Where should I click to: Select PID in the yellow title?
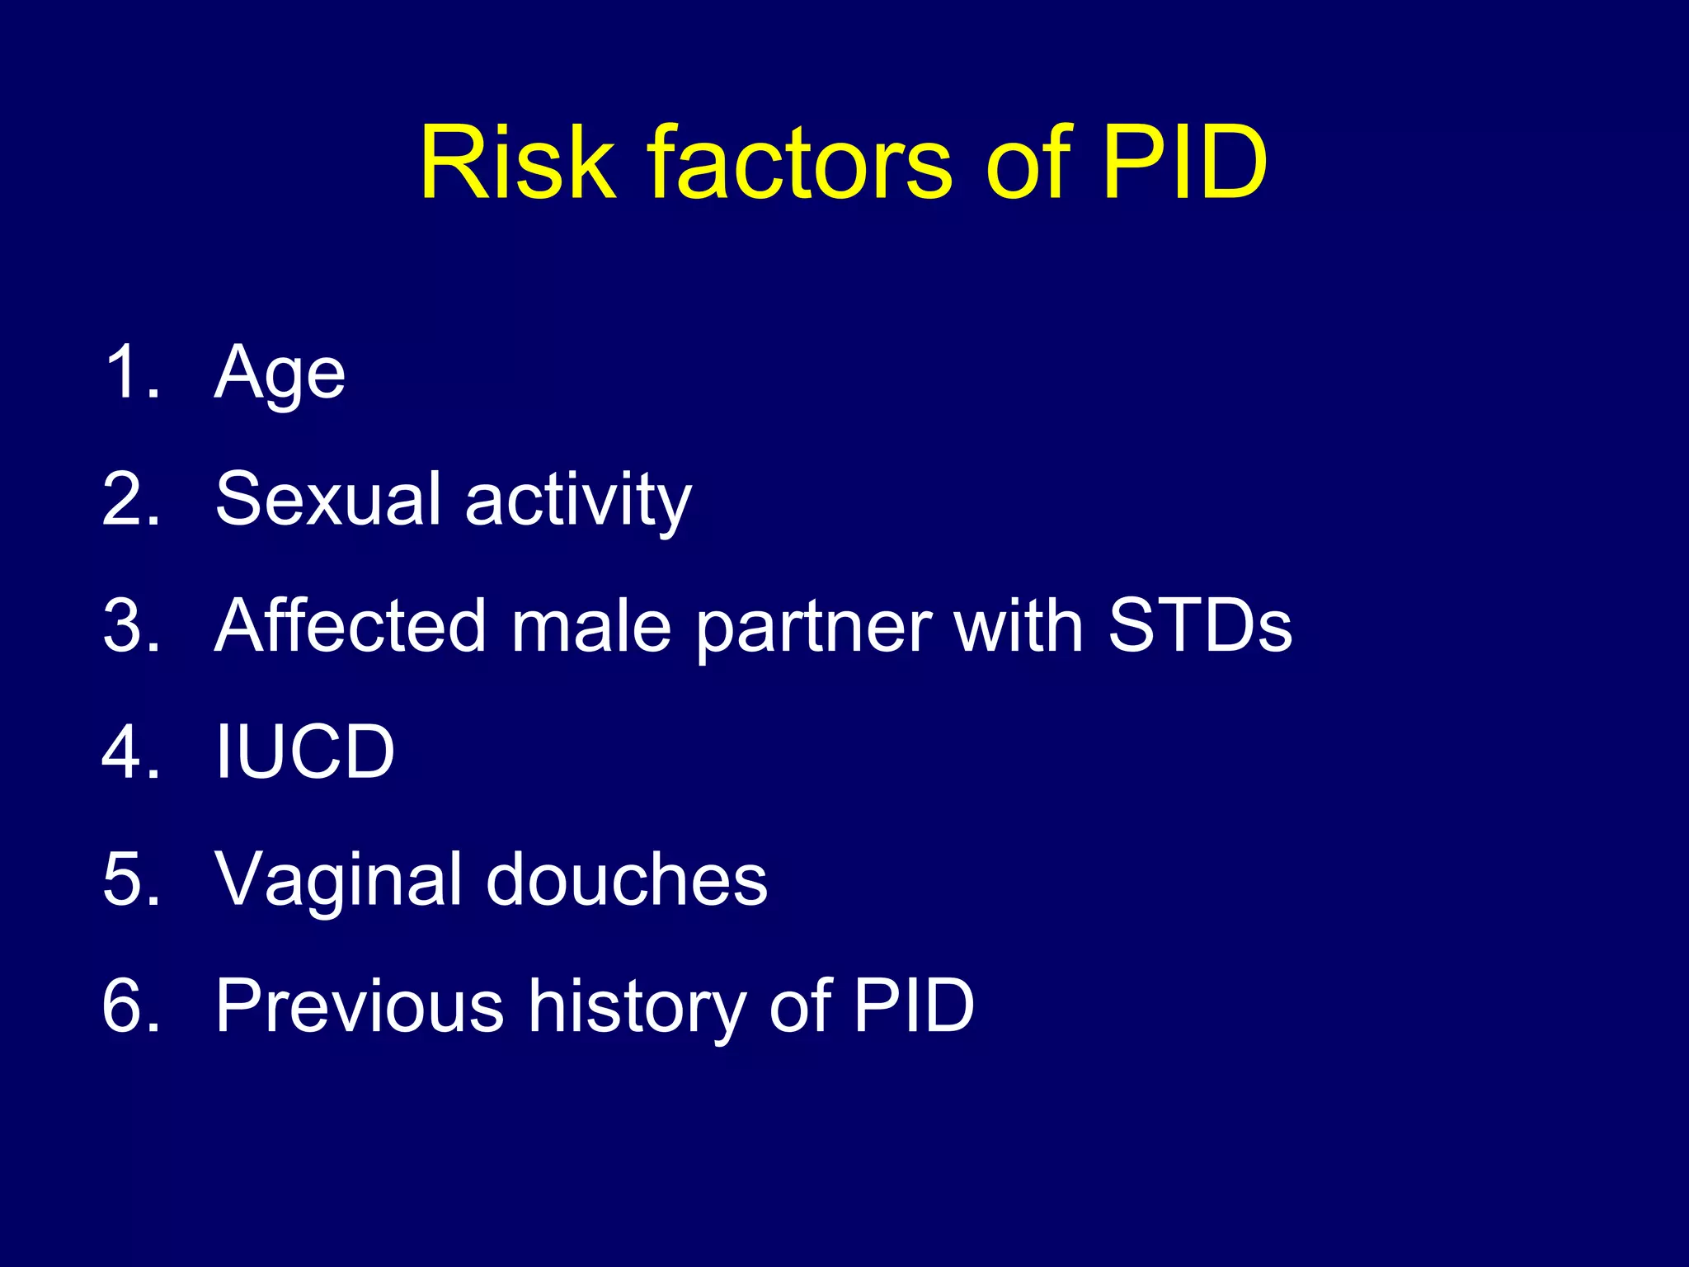1184,162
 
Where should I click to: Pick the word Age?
280,375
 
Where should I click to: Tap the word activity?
578,502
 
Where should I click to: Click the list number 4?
130,751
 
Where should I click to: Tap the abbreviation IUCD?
304,751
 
